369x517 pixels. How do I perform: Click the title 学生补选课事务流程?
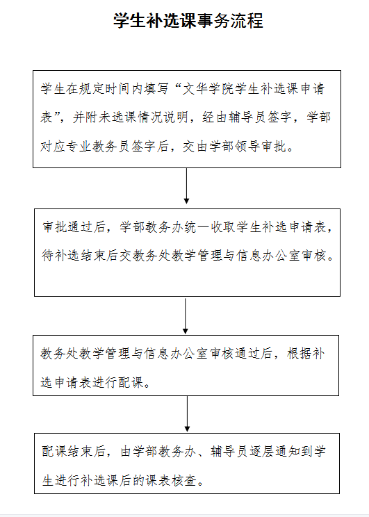click(x=188, y=20)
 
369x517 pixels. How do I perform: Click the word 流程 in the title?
click(x=247, y=20)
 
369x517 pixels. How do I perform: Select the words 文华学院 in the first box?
click(x=208, y=89)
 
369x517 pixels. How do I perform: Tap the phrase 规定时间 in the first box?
click(x=105, y=89)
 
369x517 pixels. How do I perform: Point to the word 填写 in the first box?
click(x=156, y=89)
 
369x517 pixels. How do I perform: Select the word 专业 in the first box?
click(x=79, y=147)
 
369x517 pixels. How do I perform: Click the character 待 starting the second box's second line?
click(x=48, y=256)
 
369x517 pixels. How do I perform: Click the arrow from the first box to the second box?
click(x=186, y=186)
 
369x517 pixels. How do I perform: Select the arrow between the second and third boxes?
click(x=186, y=316)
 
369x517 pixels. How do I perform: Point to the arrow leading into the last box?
click(x=187, y=413)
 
